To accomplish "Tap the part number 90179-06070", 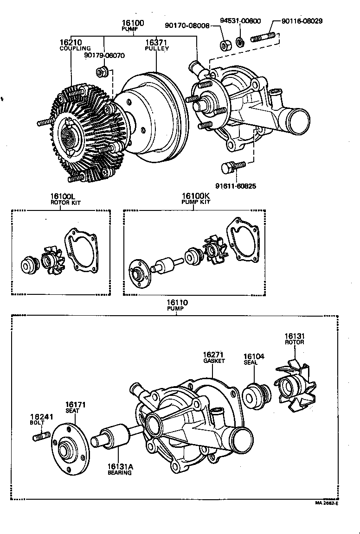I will (x=104, y=55).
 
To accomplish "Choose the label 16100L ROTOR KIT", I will (x=62, y=198).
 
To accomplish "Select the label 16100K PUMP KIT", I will (x=195, y=198).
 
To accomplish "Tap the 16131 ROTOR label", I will (x=294, y=338).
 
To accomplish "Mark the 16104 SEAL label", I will (x=254, y=359).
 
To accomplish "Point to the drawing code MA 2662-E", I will (x=327, y=503).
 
